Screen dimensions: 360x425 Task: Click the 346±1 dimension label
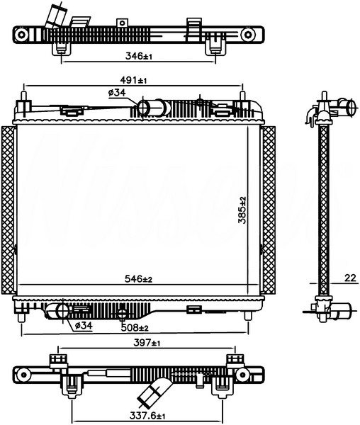tap(139, 57)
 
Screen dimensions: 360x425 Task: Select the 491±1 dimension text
tap(133, 80)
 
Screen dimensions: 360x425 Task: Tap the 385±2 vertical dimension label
tap(242, 210)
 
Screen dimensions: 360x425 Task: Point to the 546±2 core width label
tap(138, 278)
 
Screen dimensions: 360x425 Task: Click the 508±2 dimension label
tap(135, 328)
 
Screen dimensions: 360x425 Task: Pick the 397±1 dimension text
tap(147, 343)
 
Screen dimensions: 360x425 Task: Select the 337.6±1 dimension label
tap(147, 415)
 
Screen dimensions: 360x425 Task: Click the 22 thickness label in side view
tap(350, 278)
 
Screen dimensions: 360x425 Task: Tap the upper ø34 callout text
tap(117, 93)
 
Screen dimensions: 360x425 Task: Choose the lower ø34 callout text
tap(84, 325)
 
